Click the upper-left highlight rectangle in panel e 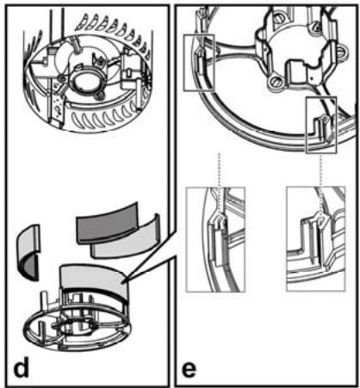pyautogui.click(x=201, y=63)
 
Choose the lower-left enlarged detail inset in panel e pyautogui.click(x=220, y=244)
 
